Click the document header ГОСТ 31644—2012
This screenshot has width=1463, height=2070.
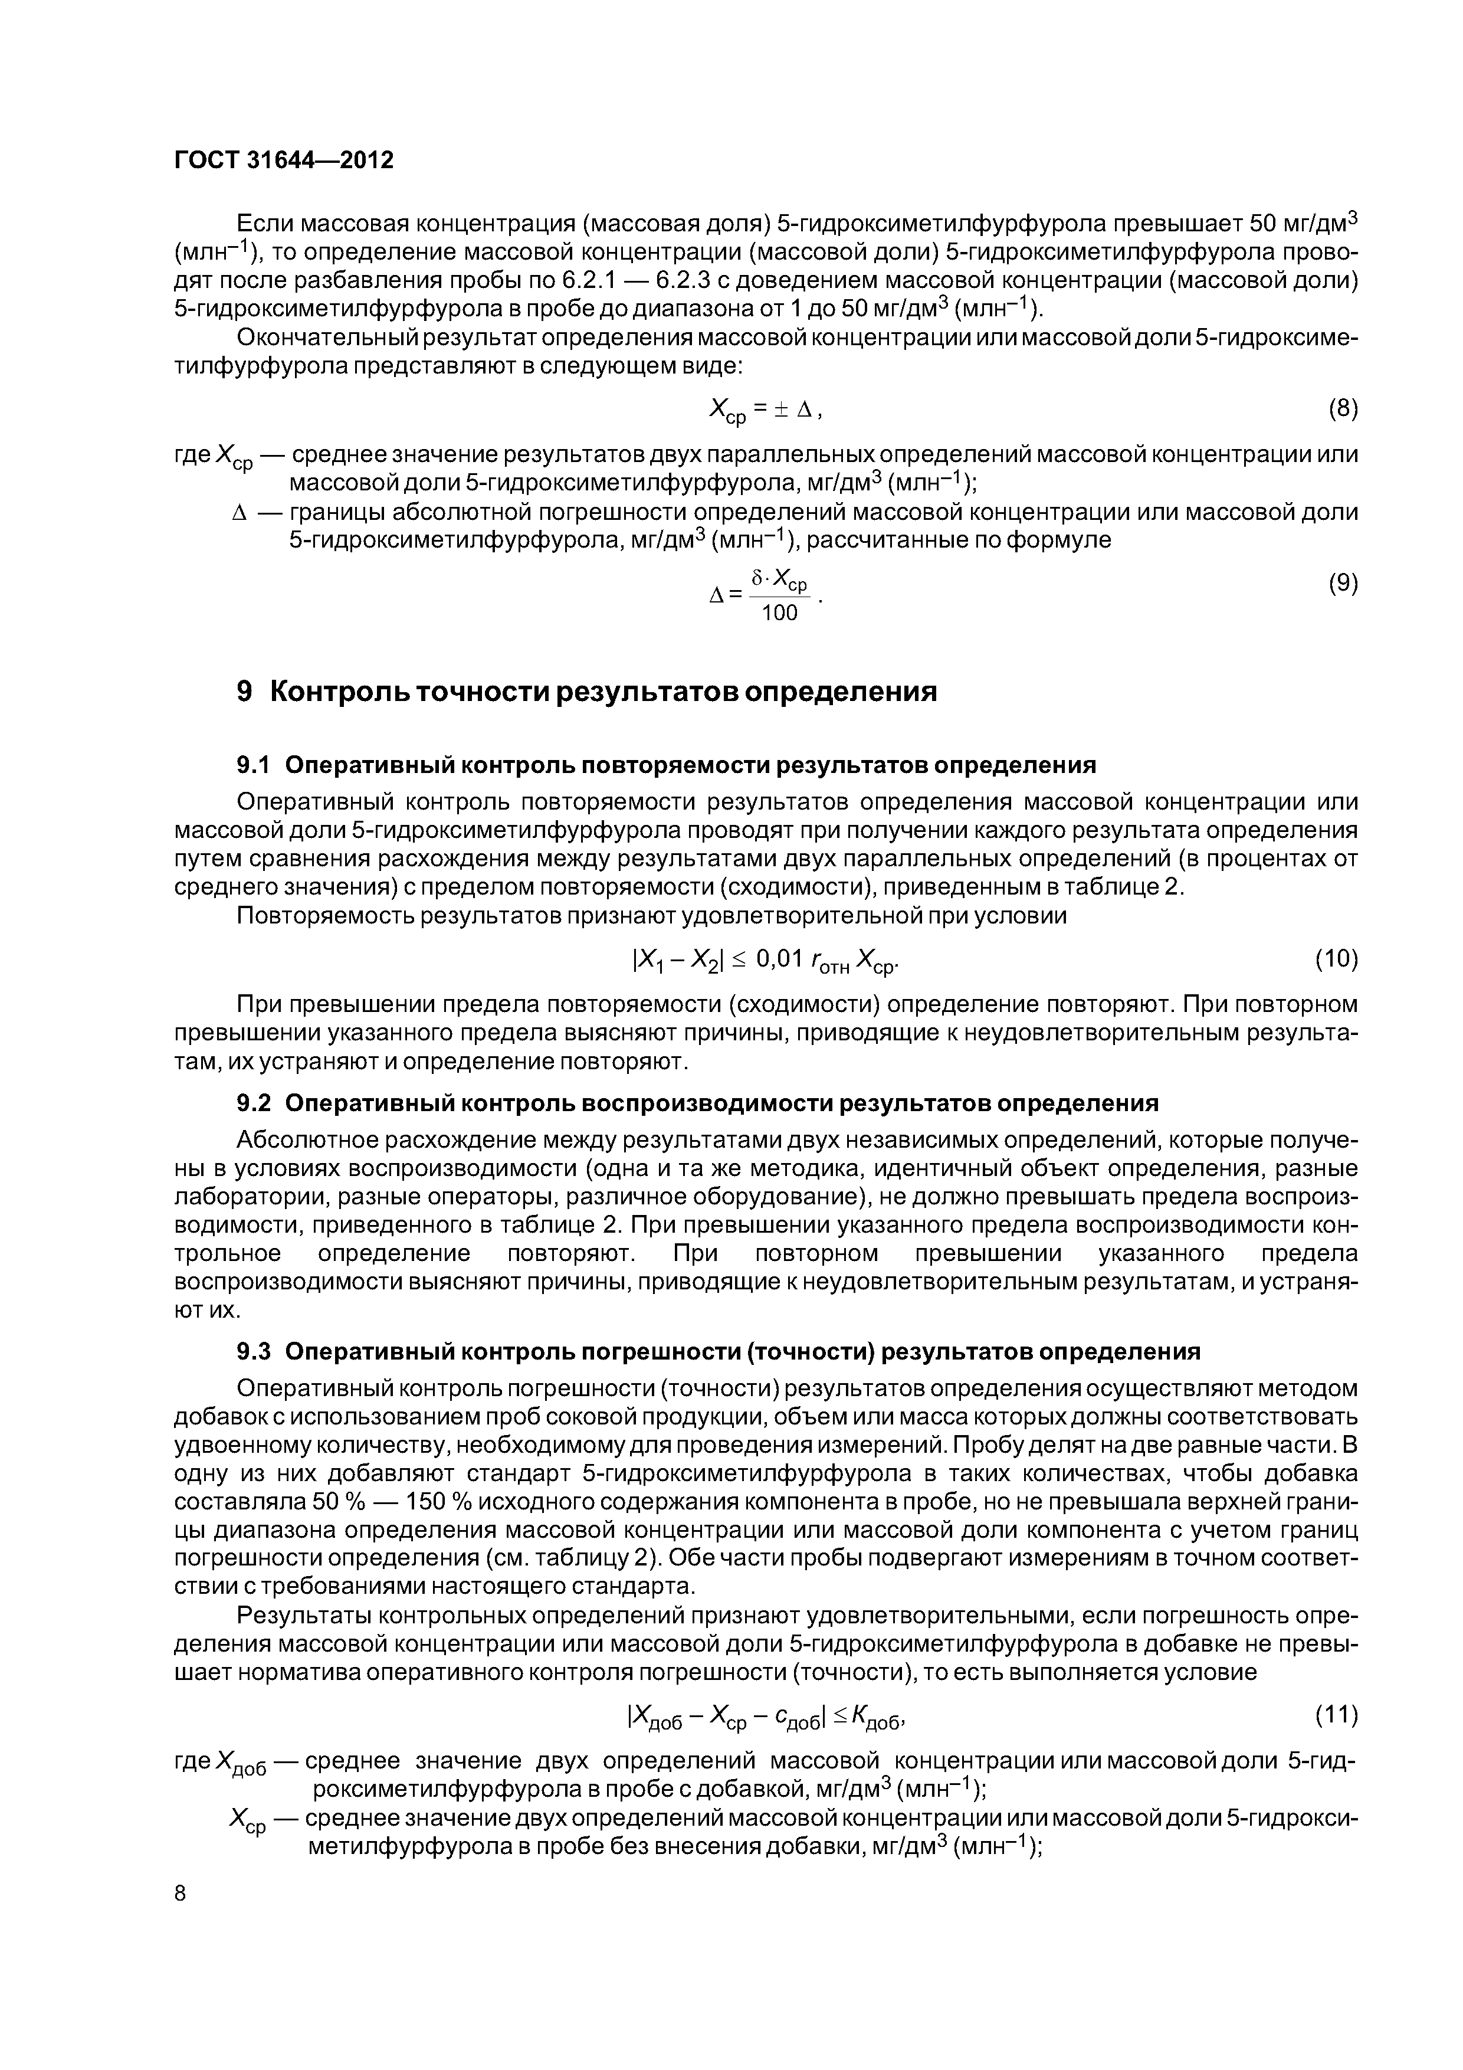pos(283,161)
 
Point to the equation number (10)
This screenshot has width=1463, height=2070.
pos(1336,958)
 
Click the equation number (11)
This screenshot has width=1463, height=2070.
pos(1336,1714)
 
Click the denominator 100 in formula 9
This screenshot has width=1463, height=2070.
pos(780,613)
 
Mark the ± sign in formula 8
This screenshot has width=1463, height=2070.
pos(780,410)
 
